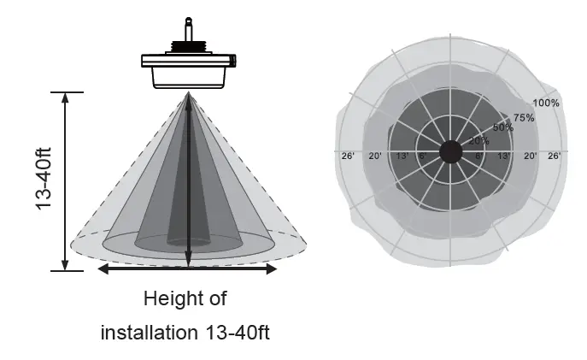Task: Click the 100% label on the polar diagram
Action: (x=548, y=103)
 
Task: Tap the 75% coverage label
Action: (x=524, y=117)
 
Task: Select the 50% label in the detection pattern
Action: (x=502, y=128)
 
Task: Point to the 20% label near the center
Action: (x=479, y=140)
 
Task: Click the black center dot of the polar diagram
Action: (x=450, y=152)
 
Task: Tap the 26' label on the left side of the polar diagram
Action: (x=348, y=156)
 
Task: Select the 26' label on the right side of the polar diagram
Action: (x=554, y=156)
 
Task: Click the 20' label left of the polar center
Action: (x=375, y=156)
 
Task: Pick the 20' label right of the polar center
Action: (x=530, y=156)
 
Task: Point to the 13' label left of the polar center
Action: (x=402, y=156)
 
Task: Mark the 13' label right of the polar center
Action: (x=504, y=156)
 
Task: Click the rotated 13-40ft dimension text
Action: (x=44, y=180)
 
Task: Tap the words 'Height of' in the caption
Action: (x=185, y=299)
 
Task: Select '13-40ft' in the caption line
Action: (x=236, y=332)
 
